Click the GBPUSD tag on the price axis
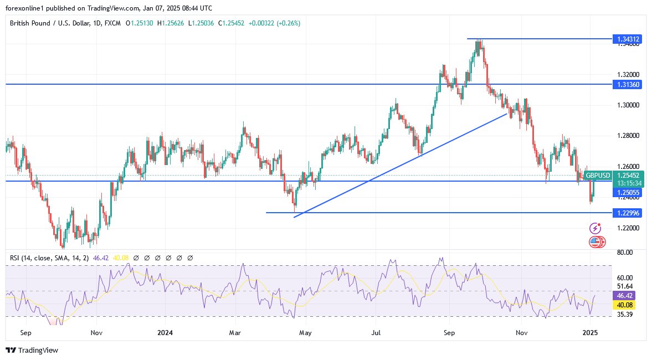pos(598,176)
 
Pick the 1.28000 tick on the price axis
pos(628,136)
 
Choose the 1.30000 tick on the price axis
pos(628,105)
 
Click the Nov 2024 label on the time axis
pos(521,333)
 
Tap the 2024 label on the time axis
pos(165,333)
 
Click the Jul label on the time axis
pos(376,333)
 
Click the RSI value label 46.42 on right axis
pos(627,296)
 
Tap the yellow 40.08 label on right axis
pos(627,305)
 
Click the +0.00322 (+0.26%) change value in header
pos(276,23)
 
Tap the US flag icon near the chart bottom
pos(595,241)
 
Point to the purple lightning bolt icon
pos(595,228)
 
